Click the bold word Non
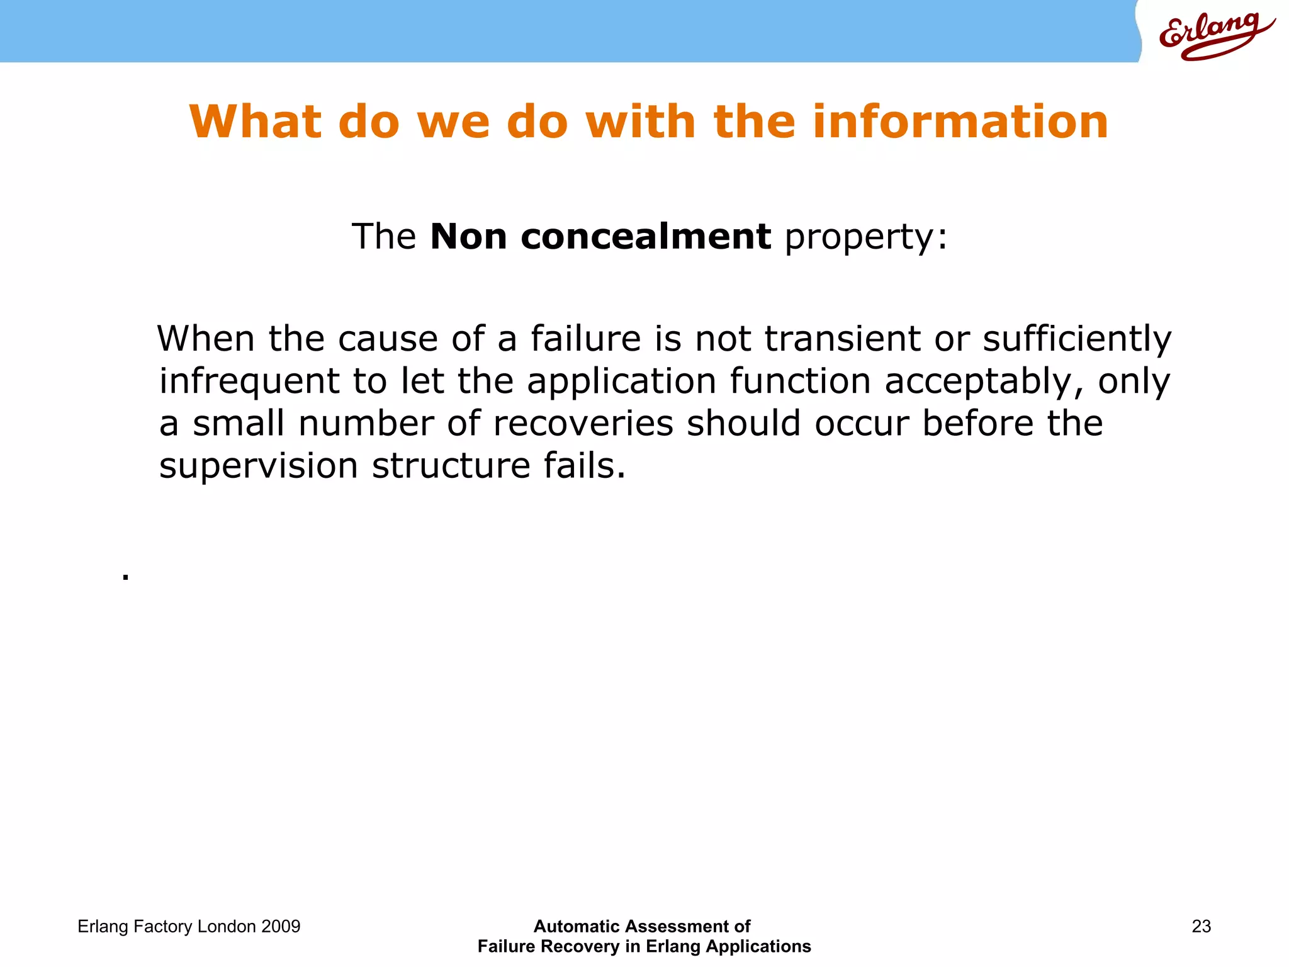468,237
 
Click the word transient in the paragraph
843,339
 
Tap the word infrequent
249,382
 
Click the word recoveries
583,423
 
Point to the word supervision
258,467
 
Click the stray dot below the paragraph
126,576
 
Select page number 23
1201,926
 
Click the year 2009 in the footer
281,926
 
